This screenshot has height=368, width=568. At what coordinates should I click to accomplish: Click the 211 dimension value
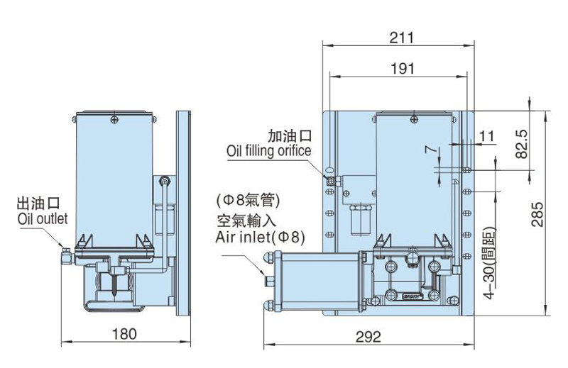click(x=400, y=37)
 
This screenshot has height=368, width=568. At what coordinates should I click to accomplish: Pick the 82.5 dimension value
click(x=522, y=143)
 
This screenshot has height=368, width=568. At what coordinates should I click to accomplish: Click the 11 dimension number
click(x=486, y=135)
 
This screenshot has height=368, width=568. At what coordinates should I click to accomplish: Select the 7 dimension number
click(x=428, y=150)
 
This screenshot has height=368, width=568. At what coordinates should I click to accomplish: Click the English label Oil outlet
click(x=42, y=219)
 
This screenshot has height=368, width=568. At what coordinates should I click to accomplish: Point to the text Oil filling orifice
click(x=268, y=151)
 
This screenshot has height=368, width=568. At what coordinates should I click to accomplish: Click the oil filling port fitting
click(x=331, y=181)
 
